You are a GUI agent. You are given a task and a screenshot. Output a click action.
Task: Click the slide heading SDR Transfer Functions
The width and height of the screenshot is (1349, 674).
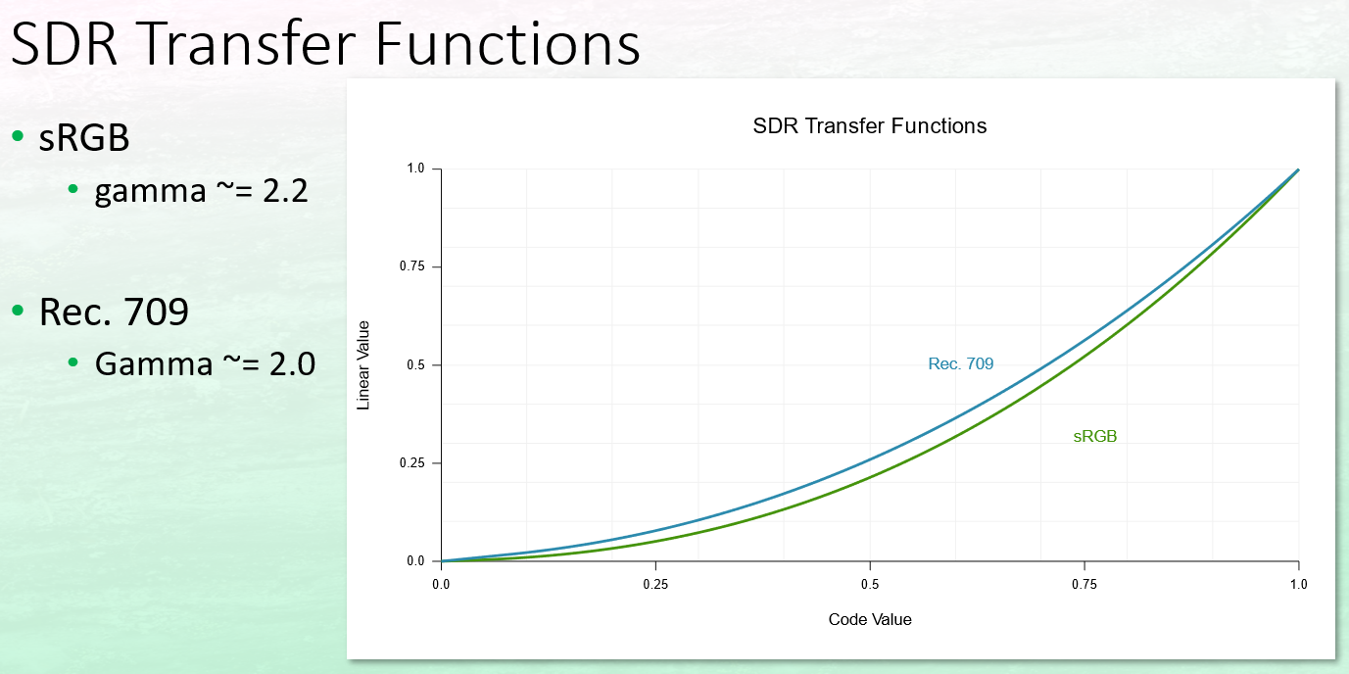click(325, 43)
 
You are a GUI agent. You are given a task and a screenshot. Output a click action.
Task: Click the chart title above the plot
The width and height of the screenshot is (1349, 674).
click(870, 126)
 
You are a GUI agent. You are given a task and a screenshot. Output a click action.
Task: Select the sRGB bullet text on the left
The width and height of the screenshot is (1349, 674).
click(84, 138)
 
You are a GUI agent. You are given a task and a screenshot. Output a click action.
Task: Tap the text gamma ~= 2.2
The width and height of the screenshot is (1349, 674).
click(201, 192)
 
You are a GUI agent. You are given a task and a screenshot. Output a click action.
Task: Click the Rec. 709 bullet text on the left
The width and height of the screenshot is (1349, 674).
click(114, 312)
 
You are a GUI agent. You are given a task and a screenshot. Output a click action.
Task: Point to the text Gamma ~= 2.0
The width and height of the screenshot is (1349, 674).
click(205, 364)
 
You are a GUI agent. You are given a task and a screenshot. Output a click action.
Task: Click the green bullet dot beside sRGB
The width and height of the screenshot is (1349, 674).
click(18, 136)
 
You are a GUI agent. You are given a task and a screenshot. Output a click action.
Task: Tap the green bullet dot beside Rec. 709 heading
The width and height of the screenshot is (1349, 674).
click(18, 311)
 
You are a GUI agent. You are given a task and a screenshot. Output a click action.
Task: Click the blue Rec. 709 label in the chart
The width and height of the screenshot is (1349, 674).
click(960, 363)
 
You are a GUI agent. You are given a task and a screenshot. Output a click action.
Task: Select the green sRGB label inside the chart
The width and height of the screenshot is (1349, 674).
click(1095, 436)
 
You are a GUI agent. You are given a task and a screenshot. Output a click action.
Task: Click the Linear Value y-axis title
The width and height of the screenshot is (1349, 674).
click(363, 365)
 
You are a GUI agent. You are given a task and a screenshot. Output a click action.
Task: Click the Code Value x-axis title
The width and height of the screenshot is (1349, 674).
click(870, 619)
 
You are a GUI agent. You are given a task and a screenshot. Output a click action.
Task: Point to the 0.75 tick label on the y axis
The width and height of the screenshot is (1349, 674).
click(411, 266)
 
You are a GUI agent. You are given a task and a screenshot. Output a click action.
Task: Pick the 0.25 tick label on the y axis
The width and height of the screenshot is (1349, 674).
click(411, 462)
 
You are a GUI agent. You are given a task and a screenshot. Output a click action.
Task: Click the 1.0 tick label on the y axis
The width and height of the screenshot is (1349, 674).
click(415, 168)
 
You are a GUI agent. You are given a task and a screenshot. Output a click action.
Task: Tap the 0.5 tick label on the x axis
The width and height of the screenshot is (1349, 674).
click(870, 584)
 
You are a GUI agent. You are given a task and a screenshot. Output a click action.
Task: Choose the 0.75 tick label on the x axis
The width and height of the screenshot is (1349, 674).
click(1084, 584)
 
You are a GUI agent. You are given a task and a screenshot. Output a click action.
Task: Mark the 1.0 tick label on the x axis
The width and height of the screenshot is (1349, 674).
click(1298, 584)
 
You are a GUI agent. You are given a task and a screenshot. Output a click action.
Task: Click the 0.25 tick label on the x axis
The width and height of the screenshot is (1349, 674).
click(655, 584)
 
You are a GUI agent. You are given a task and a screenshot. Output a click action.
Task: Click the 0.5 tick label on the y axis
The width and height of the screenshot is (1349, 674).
click(415, 364)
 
